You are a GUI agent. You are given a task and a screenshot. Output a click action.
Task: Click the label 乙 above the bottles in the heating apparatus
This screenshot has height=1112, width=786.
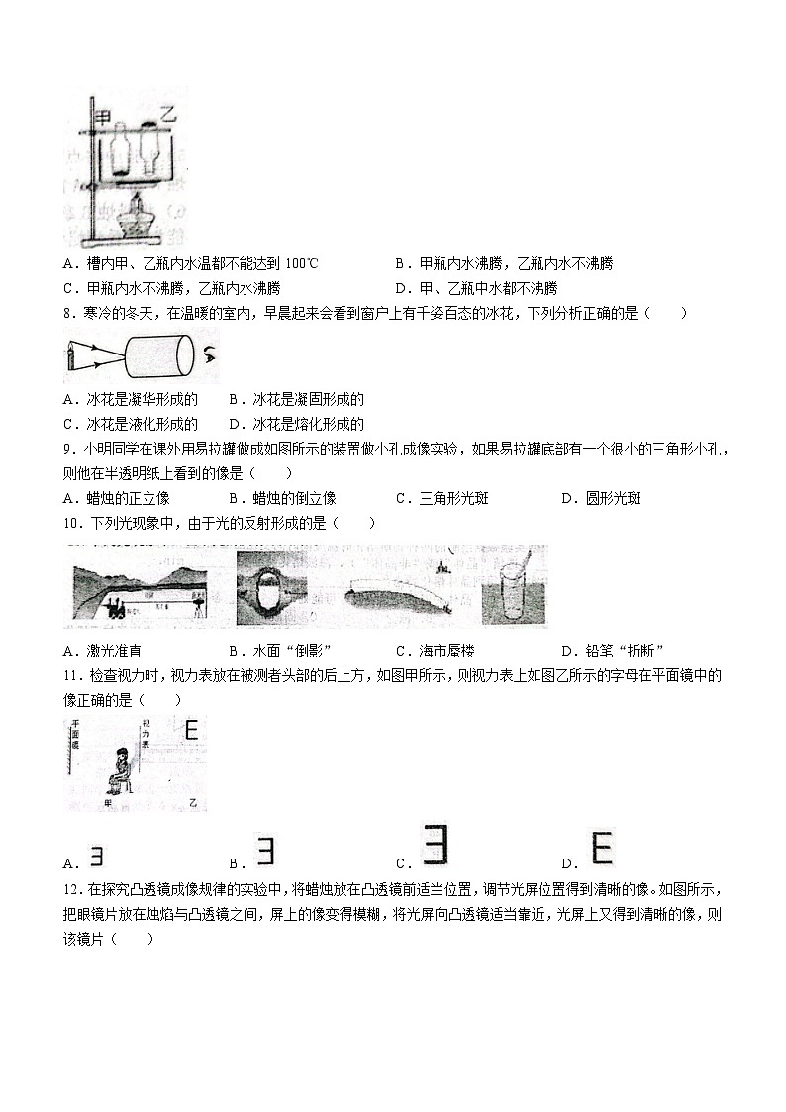click(x=167, y=116)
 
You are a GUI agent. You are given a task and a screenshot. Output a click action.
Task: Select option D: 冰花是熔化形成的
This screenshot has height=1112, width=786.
click(x=296, y=424)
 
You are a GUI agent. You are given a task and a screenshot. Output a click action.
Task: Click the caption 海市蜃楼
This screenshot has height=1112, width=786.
click(x=442, y=651)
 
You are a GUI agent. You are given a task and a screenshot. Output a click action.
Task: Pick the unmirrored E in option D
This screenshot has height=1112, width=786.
click(x=601, y=850)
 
